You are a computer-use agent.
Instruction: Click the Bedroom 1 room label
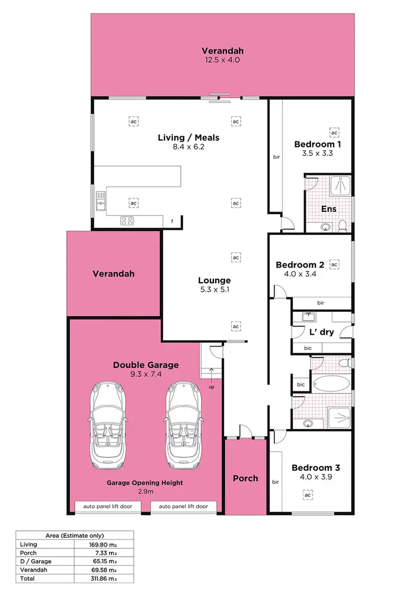(x=318, y=144)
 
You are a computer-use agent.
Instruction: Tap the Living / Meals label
(x=188, y=137)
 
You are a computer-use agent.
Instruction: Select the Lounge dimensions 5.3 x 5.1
(x=214, y=290)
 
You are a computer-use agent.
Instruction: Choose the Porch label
(x=245, y=478)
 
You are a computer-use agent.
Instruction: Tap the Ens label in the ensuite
(x=328, y=209)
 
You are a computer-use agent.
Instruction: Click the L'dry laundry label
(x=321, y=331)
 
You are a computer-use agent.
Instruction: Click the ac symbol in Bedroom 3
(x=307, y=495)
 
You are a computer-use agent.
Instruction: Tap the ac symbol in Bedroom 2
(x=334, y=264)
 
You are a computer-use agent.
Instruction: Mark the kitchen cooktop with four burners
(x=127, y=220)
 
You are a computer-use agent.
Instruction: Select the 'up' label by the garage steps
(x=211, y=387)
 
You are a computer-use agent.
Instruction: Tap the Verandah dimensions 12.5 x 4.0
(x=222, y=59)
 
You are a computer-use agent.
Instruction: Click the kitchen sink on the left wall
(x=101, y=201)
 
